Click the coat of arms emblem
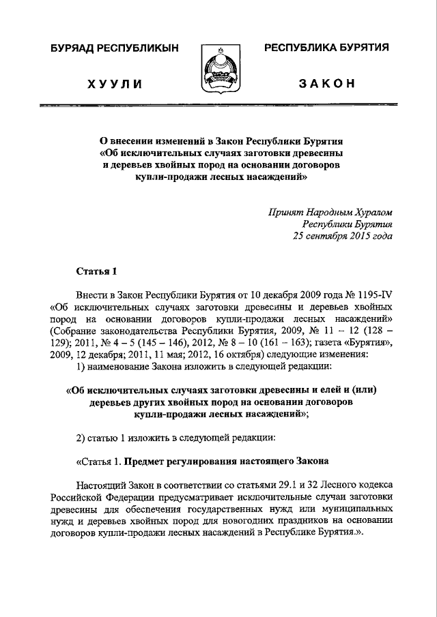click(x=218, y=70)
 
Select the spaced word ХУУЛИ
click(x=114, y=84)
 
